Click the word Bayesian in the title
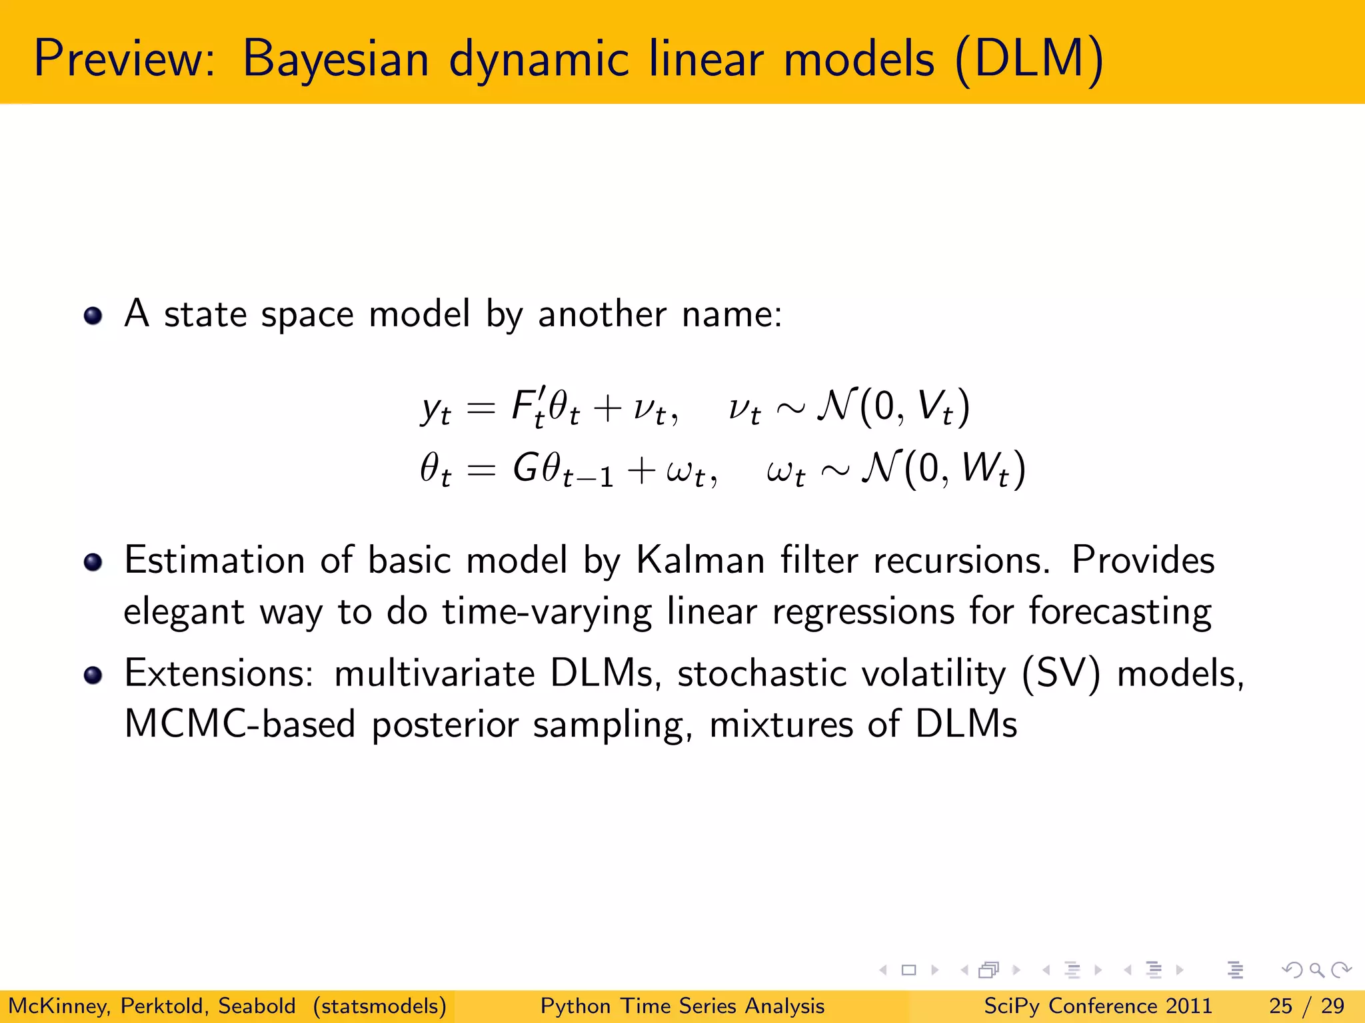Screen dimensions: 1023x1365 (x=335, y=60)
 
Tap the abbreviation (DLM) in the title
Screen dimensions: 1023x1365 (x=1029, y=60)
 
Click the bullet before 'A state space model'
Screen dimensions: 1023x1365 (x=93, y=315)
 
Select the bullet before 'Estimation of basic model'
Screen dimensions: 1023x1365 (x=93, y=562)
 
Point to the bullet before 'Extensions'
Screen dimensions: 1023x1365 (x=93, y=675)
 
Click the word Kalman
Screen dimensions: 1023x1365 (x=700, y=559)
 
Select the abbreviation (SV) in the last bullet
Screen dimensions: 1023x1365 (x=1060, y=674)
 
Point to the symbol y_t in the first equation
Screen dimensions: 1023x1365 (x=436, y=408)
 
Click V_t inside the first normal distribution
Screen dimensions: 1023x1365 (x=935, y=406)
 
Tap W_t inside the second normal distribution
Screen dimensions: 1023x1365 (x=985, y=469)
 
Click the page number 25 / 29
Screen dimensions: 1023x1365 (x=1306, y=1006)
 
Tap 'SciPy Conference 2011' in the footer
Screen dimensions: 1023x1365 (x=1098, y=1006)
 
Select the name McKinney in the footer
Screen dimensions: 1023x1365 (x=59, y=1006)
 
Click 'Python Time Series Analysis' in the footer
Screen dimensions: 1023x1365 (x=682, y=1006)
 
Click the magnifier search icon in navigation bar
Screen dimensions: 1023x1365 (x=1316, y=970)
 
